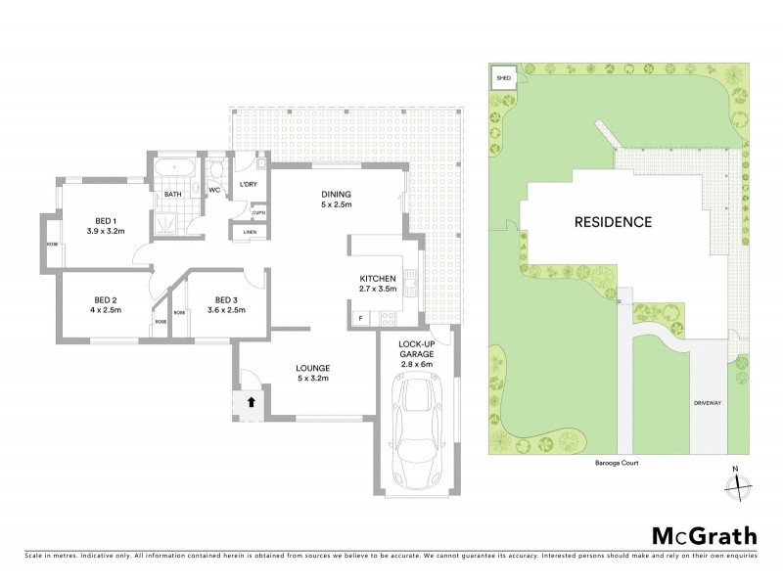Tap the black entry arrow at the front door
pos(250,401)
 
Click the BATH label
pos(173,195)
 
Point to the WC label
pos(213,190)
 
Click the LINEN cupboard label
pos(251,231)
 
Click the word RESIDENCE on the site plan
pos(613,222)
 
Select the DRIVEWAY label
pos(708,402)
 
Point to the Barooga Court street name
pos(615,465)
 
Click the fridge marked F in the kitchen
pos(360,318)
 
